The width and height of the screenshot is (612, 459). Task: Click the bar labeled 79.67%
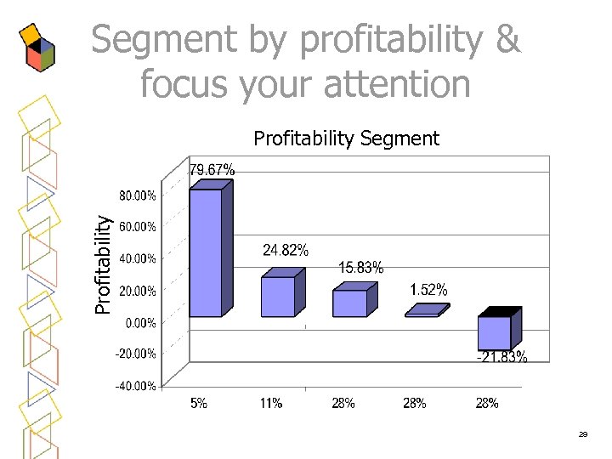(205, 252)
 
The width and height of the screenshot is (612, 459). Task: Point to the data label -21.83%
(501, 357)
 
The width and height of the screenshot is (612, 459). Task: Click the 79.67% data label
(212, 170)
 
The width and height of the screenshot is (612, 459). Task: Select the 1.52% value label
(428, 290)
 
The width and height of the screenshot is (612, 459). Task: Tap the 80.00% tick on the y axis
(137, 195)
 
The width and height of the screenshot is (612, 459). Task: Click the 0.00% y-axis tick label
(140, 322)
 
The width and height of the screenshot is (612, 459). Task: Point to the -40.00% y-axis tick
(137, 386)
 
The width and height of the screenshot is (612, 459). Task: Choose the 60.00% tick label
(137, 227)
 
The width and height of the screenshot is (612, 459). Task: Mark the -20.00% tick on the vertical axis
(137, 354)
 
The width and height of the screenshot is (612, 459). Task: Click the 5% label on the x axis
(198, 404)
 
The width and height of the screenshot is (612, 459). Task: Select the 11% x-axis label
(271, 404)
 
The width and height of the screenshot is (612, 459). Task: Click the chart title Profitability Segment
(347, 138)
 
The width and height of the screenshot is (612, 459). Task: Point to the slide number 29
(583, 434)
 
